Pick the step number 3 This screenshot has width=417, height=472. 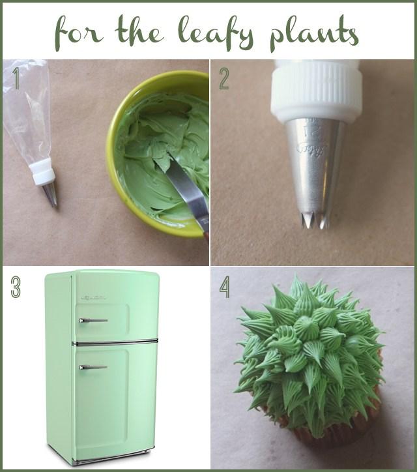click(x=16, y=287)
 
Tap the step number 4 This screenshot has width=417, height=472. click(x=224, y=287)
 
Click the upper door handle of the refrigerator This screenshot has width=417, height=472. click(x=93, y=320)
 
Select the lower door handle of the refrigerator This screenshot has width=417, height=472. click(x=93, y=367)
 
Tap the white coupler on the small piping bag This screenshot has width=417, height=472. click(x=43, y=172)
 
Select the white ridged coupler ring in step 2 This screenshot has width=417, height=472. click(x=316, y=91)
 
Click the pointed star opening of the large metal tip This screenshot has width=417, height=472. click(x=314, y=220)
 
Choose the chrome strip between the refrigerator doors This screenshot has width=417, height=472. click(x=115, y=342)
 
